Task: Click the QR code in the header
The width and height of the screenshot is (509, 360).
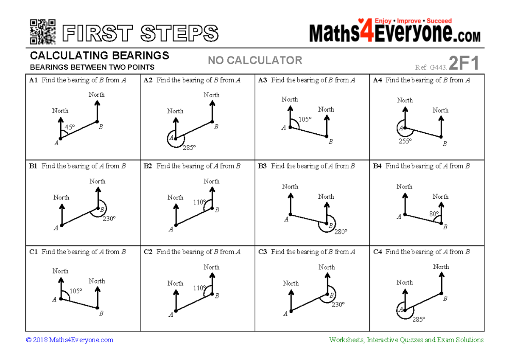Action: tap(43, 32)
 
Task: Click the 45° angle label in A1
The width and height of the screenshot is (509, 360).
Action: tap(70, 127)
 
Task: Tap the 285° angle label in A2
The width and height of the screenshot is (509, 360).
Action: tap(189, 148)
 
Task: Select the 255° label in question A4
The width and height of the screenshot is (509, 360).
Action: tap(405, 141)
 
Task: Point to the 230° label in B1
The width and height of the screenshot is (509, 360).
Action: tap(109, 218)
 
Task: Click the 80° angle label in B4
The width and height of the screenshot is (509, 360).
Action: tap(434, 214)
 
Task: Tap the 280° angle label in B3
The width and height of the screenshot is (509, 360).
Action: tap(341, 232)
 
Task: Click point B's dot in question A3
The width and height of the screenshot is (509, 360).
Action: tap(327, 137)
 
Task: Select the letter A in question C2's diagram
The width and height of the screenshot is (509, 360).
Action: tap(171, 315)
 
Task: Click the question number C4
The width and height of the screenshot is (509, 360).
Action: tap(378, 252)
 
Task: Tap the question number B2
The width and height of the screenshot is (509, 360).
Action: tap(148, 166)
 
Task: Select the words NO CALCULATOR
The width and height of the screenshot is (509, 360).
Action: tap(255, 61)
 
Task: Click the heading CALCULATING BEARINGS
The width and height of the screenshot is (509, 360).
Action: tap(100, 56)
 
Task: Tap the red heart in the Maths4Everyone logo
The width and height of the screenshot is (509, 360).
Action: tap(361, 20)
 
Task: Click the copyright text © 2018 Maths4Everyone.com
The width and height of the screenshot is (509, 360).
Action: tap(70, 340)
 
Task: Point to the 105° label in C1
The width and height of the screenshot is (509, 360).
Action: tap(76, 291)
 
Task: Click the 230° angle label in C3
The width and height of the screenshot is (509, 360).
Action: tap(338, 304)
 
